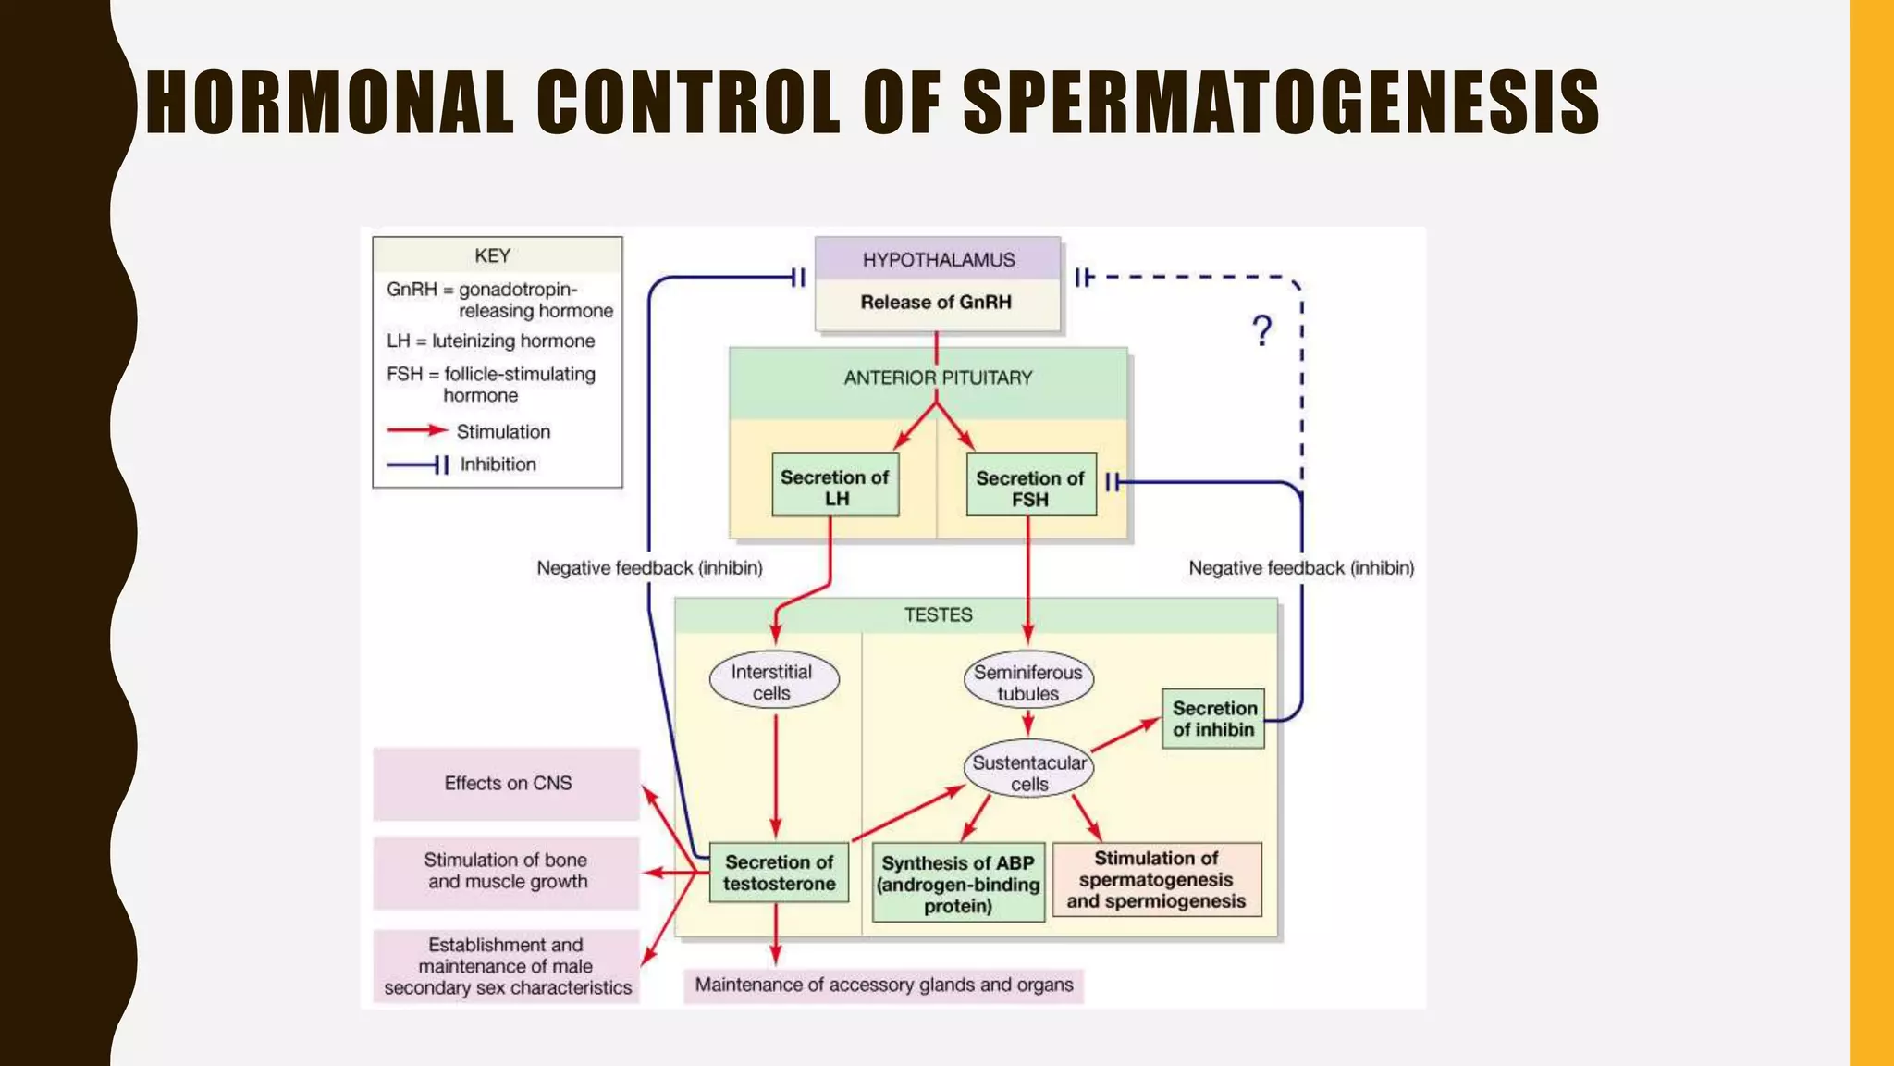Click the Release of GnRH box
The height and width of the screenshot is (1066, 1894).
click(x=936, y=303)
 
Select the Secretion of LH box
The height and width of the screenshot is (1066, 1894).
click(x=835, y=487)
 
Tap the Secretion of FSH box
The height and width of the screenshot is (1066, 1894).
click(x=1030, y=488)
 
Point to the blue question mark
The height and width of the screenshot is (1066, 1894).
click(x=1261, y=330)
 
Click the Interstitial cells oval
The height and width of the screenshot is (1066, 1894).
click(x=773, y=682)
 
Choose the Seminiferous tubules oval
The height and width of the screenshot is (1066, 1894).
click(x=1027, y=682)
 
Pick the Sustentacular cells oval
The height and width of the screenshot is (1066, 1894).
click(x=1028, y=772)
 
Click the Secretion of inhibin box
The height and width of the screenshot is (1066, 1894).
click(x=1213, y=718)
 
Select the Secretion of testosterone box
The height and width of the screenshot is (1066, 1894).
click(x=779, y=873)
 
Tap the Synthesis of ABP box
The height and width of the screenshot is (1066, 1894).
click(x=958, y=883)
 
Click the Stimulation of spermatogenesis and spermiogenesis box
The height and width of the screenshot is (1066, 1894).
click(x=1156, y=879)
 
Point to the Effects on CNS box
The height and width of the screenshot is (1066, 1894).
click(x=507, y=784)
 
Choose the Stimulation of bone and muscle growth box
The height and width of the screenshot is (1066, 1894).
click(x=507, y=871)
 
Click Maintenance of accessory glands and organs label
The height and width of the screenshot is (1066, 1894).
click(x=883, y=985)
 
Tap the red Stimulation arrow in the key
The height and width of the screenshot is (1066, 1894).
click(x=417, y=430)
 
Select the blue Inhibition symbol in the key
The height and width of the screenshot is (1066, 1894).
click(x=418, y=465)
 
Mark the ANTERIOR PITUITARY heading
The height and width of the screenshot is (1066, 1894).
click(x=937, y=378)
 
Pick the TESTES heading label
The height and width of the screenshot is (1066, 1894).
click(x=938, y=614)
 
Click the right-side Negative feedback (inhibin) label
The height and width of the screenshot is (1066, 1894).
click(x=1300, y=568)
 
